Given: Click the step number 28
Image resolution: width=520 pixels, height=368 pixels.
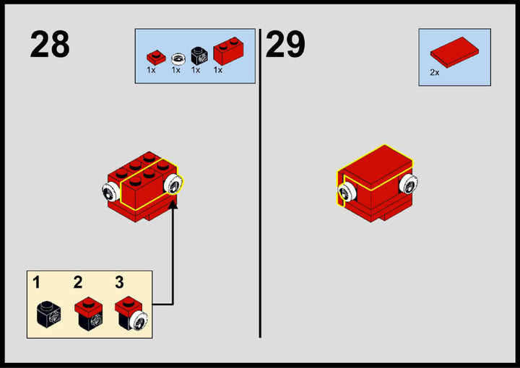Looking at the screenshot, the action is tap(50, 44).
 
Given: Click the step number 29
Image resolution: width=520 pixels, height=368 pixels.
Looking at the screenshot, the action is tap(285, 44).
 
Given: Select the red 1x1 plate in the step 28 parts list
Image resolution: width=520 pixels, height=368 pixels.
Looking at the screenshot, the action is tap(156, 58).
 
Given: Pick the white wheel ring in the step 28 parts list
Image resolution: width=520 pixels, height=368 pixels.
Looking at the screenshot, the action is tap(178, 59).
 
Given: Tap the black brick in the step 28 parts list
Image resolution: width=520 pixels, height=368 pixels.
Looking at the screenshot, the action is tap(199, 56).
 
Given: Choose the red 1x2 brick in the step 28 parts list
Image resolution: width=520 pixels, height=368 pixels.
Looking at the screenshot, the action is tap(228, 51).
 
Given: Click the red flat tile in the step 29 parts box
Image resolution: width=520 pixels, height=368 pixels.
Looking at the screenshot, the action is tap(454, 53).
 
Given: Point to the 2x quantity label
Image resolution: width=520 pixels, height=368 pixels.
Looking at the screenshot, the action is tap(435, 72).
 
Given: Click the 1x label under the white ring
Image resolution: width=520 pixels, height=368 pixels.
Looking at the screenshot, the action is tap(175, 70).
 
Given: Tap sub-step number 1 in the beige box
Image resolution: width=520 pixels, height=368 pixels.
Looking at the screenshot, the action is tap(36, 283).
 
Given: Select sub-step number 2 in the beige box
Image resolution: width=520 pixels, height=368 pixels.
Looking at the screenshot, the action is tap(78, 282).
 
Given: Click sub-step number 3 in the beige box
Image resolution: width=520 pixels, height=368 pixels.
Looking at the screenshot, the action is tap(119, 282).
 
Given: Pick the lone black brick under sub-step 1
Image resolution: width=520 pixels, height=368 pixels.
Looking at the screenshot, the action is tap(48, 315).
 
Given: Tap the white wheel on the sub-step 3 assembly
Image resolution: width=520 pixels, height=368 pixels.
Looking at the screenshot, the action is tap(139, 320).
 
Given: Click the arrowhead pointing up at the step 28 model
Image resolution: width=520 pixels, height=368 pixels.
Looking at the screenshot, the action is tap(173, 204).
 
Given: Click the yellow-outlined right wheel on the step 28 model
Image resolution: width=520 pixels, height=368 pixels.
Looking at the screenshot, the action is tap(173, 184).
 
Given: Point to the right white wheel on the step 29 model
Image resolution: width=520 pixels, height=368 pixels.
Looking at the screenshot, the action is tap(408, 184).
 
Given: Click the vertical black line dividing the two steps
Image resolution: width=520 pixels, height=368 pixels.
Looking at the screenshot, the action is tap(260, 183).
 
